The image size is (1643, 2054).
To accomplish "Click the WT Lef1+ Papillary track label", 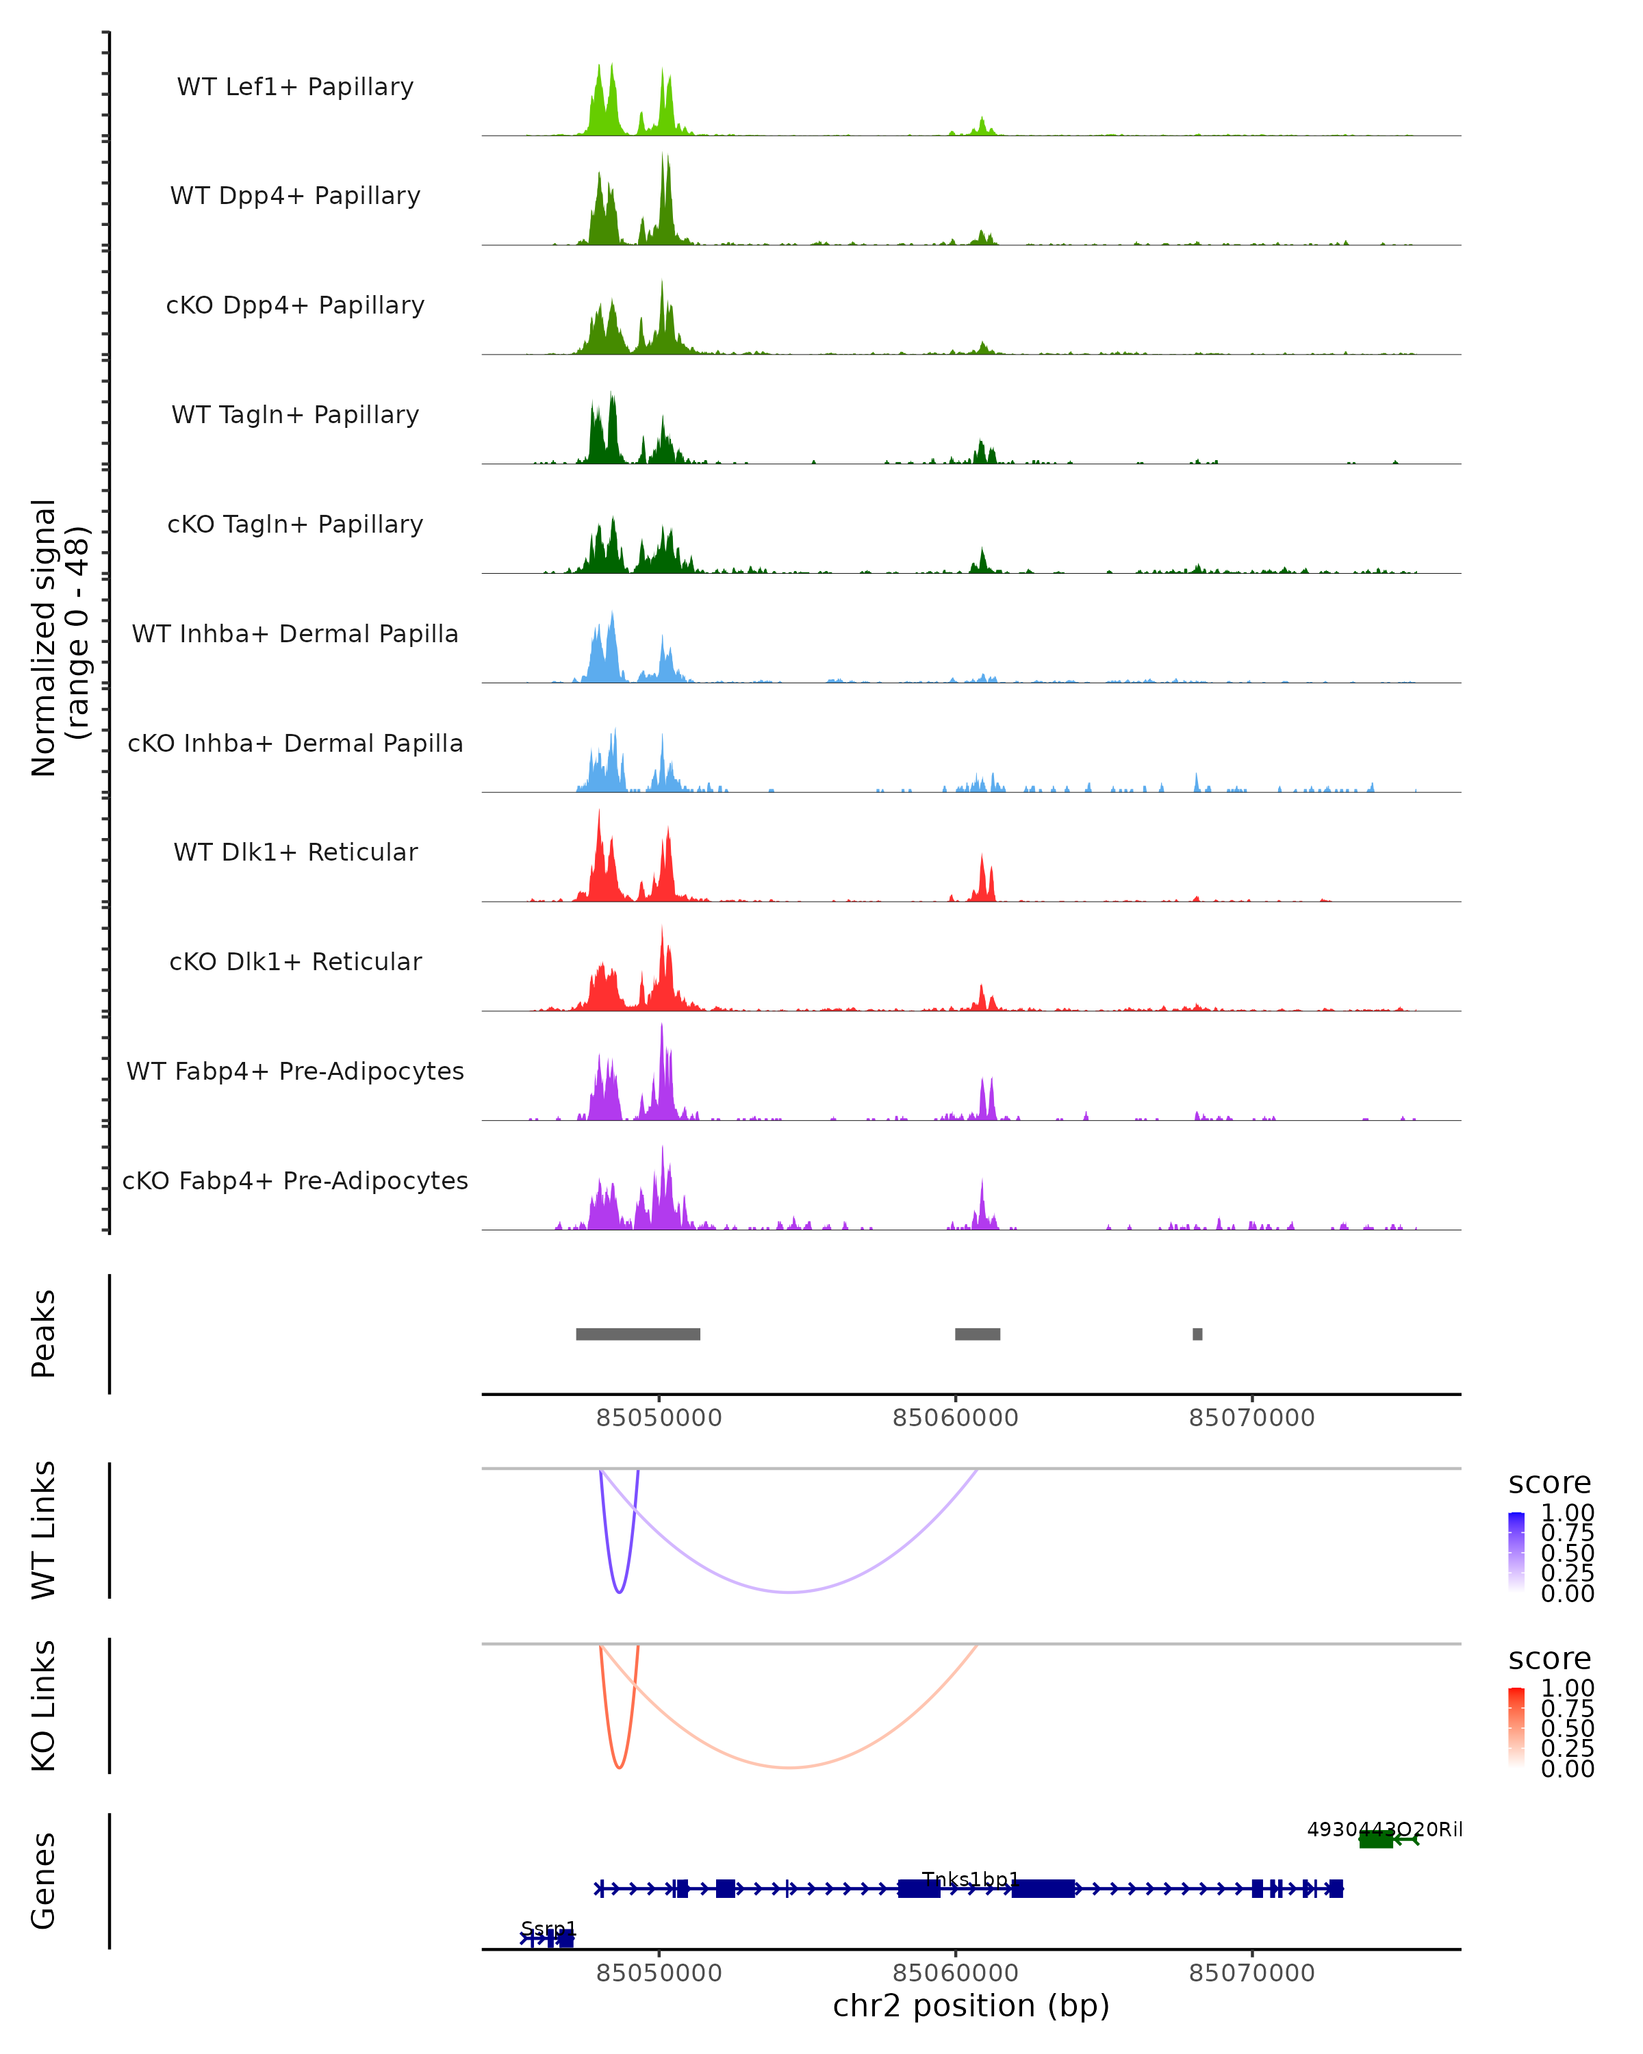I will [295, 87].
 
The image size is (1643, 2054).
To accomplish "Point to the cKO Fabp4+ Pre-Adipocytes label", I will [295, 1180].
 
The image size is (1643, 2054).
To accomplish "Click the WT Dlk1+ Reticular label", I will [295, 852].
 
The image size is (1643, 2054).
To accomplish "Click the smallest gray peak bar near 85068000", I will [1197, 1334].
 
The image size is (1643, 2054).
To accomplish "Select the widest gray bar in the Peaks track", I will [638, 1334].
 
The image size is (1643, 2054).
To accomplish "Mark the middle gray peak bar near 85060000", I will [977, 1334].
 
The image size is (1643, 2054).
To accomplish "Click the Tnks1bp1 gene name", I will [971, 1879].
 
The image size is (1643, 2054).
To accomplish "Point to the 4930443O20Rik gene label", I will [1384, 1829].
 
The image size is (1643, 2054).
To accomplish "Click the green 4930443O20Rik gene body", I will [1375, 1840].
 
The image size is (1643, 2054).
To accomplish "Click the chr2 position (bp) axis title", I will [971, 2005].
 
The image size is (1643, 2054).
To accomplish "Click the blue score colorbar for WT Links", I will [1516, 1552].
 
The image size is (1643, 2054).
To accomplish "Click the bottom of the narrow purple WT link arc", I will [619, 1592].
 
